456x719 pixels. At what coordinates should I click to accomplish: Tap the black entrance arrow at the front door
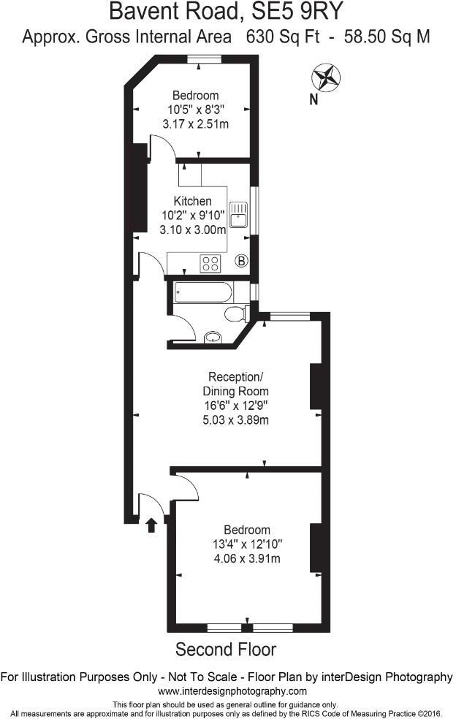pyautogui.click(x=152, y=525)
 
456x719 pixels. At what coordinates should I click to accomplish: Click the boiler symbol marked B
pyautogui.click(x=242, y=261)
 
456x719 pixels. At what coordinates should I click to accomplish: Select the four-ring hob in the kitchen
pyautogui.click(x=210, y=263)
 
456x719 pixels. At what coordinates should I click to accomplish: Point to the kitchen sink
pyautogui.click(x=239, y=214)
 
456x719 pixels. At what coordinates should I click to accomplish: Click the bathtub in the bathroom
pyautogui.click(x=204, y=294)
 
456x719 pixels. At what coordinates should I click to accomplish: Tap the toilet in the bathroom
pyautogui.click(x=235, y=314)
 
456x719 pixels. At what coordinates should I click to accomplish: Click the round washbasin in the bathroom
pyautogui.click(x=213, y=338)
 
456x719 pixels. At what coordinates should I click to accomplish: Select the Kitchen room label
pyautogui.click(x=192, y=201)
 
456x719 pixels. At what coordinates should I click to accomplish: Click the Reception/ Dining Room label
pyautogui.click(x=235, y=384)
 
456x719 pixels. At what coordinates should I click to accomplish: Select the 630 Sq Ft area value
pyautogui.click(x=284, y=37)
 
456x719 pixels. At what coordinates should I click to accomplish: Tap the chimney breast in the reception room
pyautogui.click(x=316, y=386)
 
